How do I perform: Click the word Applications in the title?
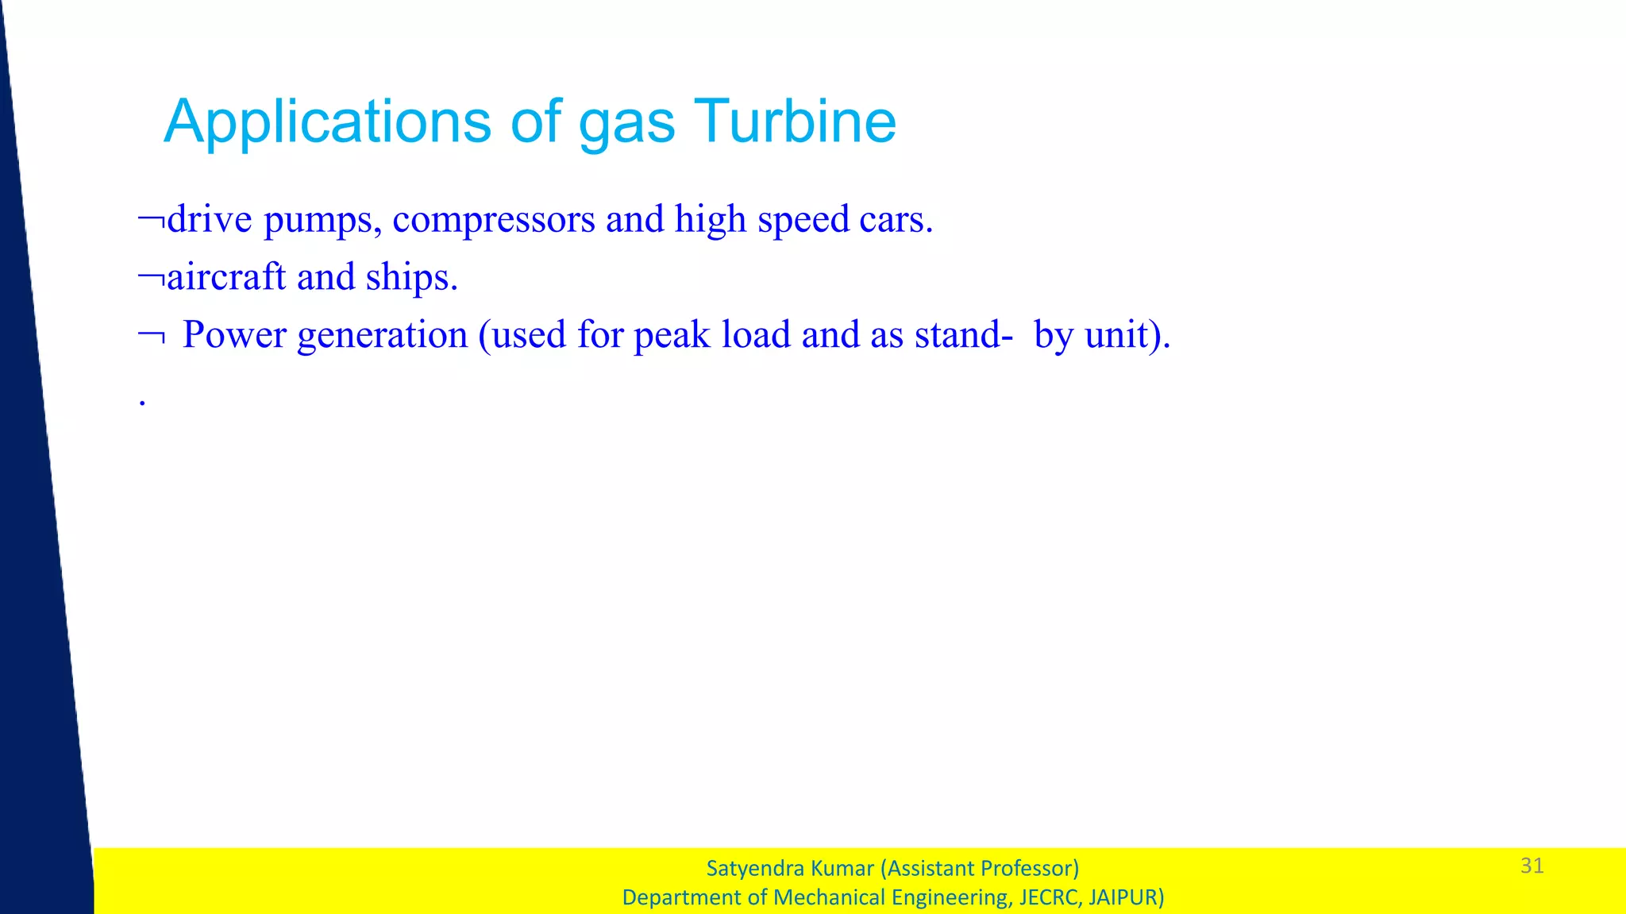coord(327,123)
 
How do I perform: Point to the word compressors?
coord(493,221)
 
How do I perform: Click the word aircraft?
coord(226,277)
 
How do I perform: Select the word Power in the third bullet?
coord(234,334)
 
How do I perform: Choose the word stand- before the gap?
coord(963,334)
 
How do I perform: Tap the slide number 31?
coord(1532,866)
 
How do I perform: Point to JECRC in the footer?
coord(1049,898)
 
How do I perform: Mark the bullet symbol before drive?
coord(151,219)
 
